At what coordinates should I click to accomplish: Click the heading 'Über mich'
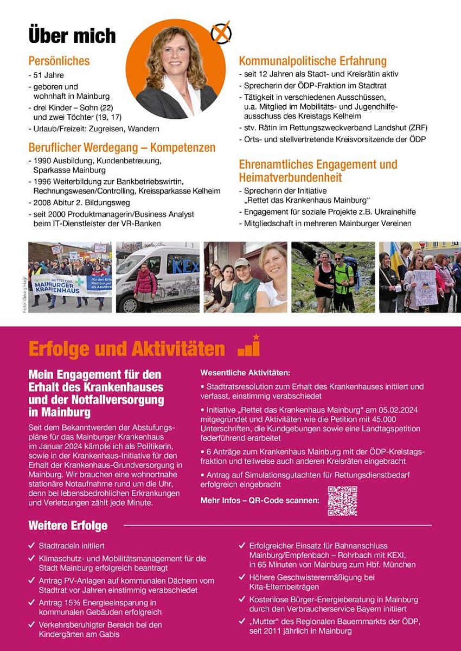(72, 36)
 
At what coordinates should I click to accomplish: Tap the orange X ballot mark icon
(221, 34)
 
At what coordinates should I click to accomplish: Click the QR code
(342, 501)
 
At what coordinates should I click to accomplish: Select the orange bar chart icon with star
(249, 346)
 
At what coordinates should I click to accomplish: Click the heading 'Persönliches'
(59, 61)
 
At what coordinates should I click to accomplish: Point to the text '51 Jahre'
(49, 75)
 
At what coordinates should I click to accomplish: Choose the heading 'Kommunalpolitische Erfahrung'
(312, 61)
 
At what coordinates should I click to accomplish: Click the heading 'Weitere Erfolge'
(68, 526)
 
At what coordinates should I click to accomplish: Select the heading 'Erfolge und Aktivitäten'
(126, 349)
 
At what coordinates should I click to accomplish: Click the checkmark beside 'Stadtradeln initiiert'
(32, 545)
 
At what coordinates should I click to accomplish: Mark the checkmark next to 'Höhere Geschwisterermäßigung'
(242, 577)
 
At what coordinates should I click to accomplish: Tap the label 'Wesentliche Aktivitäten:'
(245, 373)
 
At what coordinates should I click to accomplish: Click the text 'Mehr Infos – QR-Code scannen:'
(260, 500)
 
